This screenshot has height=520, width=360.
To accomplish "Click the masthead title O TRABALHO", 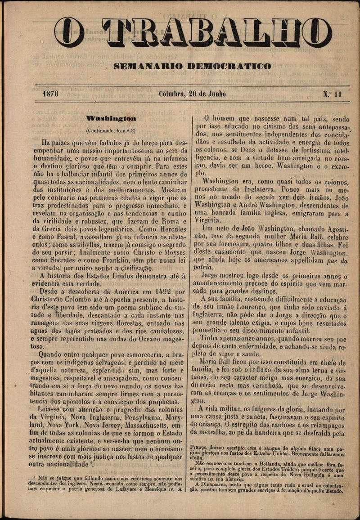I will (x=193, y=33).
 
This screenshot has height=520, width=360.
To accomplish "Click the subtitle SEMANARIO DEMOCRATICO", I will (x=193, y=67).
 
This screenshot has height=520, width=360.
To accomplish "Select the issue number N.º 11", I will (x=332, y=94).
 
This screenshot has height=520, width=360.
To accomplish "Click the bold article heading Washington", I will (x=111, y=119).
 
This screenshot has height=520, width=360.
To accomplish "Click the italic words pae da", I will (x=332, y=260).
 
